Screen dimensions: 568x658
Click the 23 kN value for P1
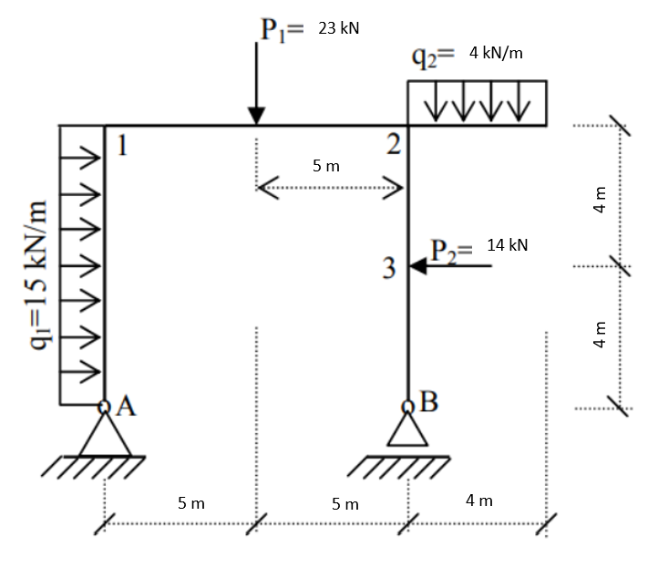click(x=338, y=28)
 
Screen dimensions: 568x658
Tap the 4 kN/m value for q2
click(x=496, y=53)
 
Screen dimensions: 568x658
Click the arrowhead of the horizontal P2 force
click(x=417, y=266)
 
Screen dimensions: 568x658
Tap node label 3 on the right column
click(x=389, y=269)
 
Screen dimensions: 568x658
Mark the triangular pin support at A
click(x=105, y=436)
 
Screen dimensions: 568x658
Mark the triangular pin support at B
click(x=407, y=430)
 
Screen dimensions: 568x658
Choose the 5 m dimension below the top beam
click(x=325, y=166)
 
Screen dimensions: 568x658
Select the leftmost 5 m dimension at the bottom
click(x=191, y=501)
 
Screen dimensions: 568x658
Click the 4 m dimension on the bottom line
click(x=478, y=501)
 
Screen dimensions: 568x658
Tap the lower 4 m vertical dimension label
click(x=600, y=336)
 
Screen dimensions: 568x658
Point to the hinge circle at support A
click(x=105, y=407)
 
